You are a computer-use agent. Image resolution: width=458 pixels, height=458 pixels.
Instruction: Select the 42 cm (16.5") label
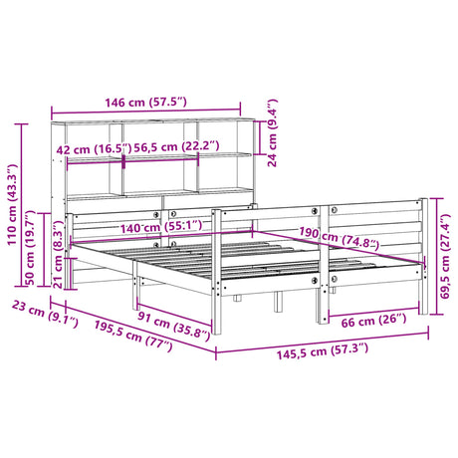[x=90, y=149]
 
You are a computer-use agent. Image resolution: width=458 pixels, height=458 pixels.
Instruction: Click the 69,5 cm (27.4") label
[x=447, y=254]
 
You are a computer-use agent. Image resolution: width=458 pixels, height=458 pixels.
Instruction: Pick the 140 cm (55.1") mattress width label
[x=159, y=228]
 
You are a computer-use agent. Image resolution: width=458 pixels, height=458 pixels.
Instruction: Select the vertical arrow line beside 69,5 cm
[x=434, y=255]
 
